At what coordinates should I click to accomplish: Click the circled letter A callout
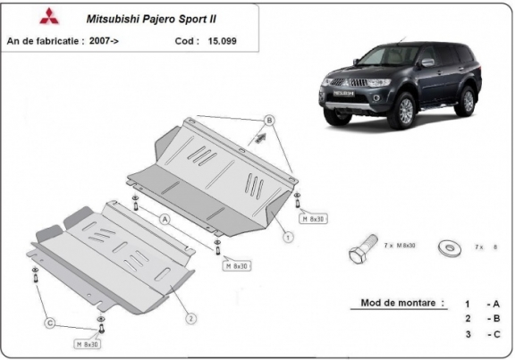[165, 217]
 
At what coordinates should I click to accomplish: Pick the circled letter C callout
[51, 322]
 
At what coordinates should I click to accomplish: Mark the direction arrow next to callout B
[260, 138]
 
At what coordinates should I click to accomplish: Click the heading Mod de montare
[401, 303]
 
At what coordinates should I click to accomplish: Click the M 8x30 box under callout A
[237, 265]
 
